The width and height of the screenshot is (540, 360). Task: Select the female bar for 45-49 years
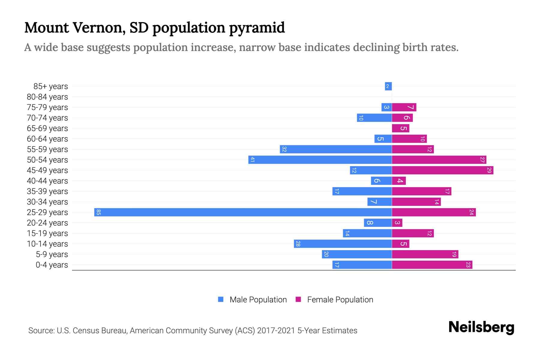coord(442,170)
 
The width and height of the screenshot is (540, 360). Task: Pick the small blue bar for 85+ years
coord(388,86)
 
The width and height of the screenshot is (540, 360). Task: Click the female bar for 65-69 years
coord(400,128)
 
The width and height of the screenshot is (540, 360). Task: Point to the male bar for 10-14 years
coord(343,244)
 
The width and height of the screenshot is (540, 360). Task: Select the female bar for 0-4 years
coord(432,265)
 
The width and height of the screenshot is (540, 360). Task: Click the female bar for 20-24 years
coord(397,223)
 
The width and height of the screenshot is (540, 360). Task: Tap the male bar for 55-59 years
coord(336,149)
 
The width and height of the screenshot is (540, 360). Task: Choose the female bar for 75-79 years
coord(404,107)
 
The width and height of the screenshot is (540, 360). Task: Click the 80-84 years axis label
coord(47,97)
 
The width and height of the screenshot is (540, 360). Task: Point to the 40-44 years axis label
coord(47,181)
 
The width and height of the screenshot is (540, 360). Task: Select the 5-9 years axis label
coord(52,254)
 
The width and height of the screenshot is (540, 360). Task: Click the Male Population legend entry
coord(258,300)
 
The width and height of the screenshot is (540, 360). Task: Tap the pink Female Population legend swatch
coord(298,299)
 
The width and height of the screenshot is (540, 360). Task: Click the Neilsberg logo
coord(481,327)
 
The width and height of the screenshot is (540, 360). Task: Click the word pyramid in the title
coord(257,28)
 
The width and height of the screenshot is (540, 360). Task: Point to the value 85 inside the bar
coord(99,212)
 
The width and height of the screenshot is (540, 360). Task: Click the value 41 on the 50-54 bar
coord(253,160)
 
